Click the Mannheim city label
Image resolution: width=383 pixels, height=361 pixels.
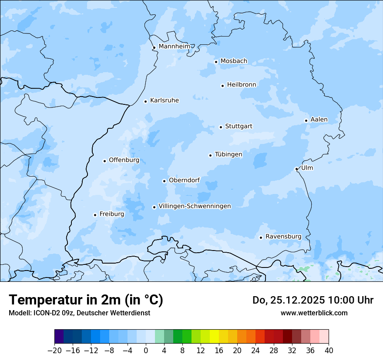pyautogui.click(x=174, y=46)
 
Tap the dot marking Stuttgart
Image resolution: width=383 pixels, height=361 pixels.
pyautogui.click(x=221, y=127)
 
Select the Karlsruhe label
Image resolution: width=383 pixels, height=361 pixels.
pyautogui.click(x=164, y=100)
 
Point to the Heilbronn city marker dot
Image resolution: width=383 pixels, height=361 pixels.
pyautogui.click(x=222, y=86)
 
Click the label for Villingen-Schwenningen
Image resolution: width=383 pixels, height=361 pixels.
pyautogui.click(x=195, y=206)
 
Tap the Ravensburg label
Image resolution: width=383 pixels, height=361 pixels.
pyautogui.click(x=283, y=237)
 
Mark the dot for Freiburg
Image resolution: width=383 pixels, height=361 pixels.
pyautogui.click(x=95, y=215)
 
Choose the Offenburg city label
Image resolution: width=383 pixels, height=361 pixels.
pyautogui.click(x=124, y=160)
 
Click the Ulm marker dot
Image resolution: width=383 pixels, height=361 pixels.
pyautogui.click(x=296, y=169)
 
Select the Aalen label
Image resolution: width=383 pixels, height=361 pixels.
pyautogui.click(x=319, y=120)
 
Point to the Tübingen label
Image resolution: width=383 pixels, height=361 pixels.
pyautogui.click(x=228, y=154)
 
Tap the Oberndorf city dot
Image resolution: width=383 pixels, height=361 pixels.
pyautogui.click(x=164, y=181)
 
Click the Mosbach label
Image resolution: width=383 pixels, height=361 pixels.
pyautogui.click(x=233, y=61)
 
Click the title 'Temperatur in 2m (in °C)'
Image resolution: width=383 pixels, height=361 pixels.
pyautogui.click(x=86, y=300)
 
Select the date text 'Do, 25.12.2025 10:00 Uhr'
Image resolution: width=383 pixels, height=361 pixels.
pyautogui.click(x=312, y=300)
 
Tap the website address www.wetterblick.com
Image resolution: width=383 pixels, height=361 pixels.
pyautogui.click(x=314, y=313)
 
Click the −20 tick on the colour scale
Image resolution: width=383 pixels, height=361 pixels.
pyautogui.click(x=55, y=350)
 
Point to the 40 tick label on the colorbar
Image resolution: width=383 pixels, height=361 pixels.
pyautogui.click(x=329, y=350)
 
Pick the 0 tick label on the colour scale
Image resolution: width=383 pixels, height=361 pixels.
pyautogui.click(x=146, y=350)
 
